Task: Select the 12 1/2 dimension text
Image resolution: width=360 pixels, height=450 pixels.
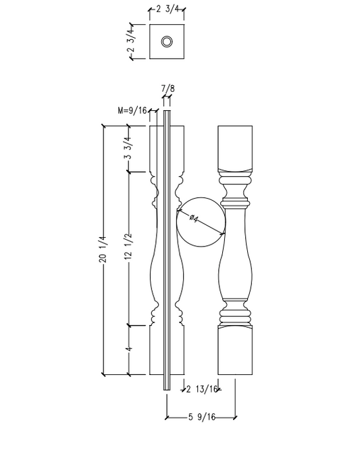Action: point(128,249)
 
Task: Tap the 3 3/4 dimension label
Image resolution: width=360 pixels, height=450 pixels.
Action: point(128,148)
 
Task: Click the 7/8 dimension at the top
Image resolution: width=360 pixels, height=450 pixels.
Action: point(167,89)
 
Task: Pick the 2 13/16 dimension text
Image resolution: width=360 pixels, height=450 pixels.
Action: point(203,389)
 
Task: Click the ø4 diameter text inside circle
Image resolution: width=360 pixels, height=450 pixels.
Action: point(193,218)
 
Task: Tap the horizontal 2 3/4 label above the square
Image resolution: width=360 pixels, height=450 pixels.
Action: point(167,9)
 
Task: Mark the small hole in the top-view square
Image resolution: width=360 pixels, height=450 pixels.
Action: point(166,43)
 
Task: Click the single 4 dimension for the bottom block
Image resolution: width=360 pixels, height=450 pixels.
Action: point(128,351)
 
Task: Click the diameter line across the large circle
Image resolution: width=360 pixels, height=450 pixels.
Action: point(200,222)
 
